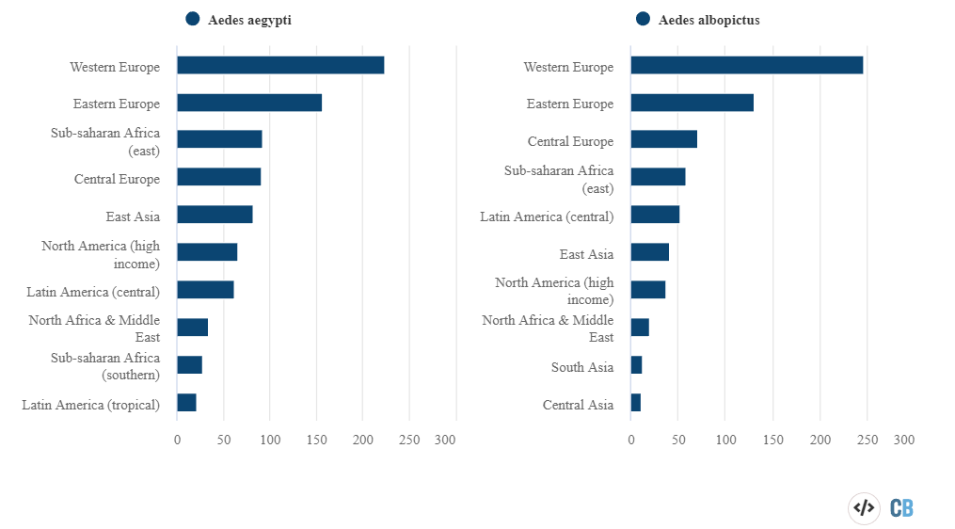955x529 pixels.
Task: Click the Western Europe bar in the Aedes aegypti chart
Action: point(280,65)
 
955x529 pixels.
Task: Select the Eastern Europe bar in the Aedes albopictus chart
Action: point(692,103)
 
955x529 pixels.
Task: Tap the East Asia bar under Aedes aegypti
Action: point(215,215)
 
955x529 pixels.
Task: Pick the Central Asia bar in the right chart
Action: point(636,403)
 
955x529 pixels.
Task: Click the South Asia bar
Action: point(637,365)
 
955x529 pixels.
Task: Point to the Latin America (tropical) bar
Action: point(186,403)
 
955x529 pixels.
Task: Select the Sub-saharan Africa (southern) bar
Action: point(189,365)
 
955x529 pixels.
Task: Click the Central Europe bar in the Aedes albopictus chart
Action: point(663,139)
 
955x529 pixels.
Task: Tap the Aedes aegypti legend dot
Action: point(193,19)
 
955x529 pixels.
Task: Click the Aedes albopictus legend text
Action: point(709,20)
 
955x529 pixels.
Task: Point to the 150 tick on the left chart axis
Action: point(317,440)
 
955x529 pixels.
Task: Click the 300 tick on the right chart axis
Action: point(903,440)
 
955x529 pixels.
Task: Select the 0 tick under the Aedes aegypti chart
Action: point(177,440)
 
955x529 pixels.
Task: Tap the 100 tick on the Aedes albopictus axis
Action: point(725,440)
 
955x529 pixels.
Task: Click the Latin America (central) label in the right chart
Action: point(547,216)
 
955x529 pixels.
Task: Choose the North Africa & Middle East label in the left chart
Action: point(94,329)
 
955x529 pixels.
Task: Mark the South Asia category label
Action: point(582,367)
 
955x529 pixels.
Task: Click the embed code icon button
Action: point(863,508)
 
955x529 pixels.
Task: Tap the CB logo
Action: point(901,508)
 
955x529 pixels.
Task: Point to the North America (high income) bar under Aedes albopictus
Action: point(648,290)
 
